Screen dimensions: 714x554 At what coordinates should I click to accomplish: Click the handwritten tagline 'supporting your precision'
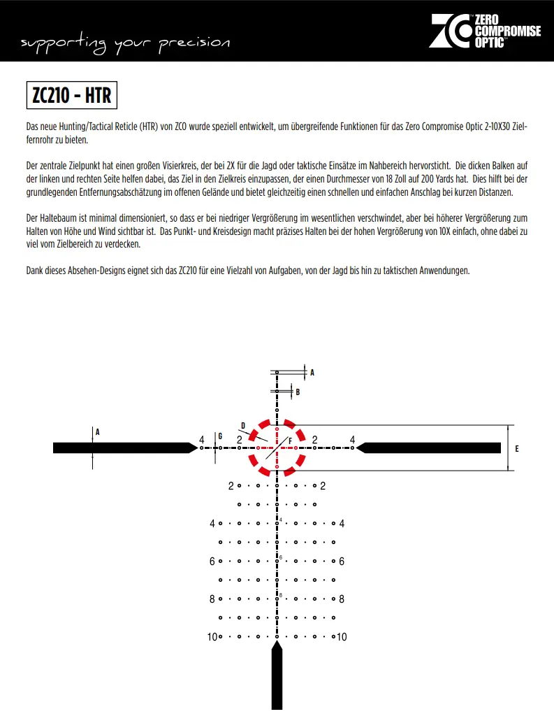(125, 43)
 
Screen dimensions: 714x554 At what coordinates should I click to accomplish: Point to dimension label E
(517, 448)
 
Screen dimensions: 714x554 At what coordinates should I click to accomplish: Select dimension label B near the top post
(298, 392)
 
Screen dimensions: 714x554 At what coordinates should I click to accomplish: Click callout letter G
(220, 436)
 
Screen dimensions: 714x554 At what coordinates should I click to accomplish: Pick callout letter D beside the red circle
(243, 424)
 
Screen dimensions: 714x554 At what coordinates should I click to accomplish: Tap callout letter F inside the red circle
(290, 442)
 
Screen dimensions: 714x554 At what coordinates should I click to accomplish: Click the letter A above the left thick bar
(98, 432)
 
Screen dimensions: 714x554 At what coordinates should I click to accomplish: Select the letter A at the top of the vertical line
(312, 373)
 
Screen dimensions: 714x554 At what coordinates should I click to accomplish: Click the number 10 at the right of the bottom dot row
(342, 637)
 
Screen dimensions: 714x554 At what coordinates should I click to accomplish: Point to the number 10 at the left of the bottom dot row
(212, 637)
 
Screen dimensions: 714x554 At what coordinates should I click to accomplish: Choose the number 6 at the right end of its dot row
(342, 562)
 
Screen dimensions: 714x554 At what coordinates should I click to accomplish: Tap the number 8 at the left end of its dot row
(212, 599)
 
